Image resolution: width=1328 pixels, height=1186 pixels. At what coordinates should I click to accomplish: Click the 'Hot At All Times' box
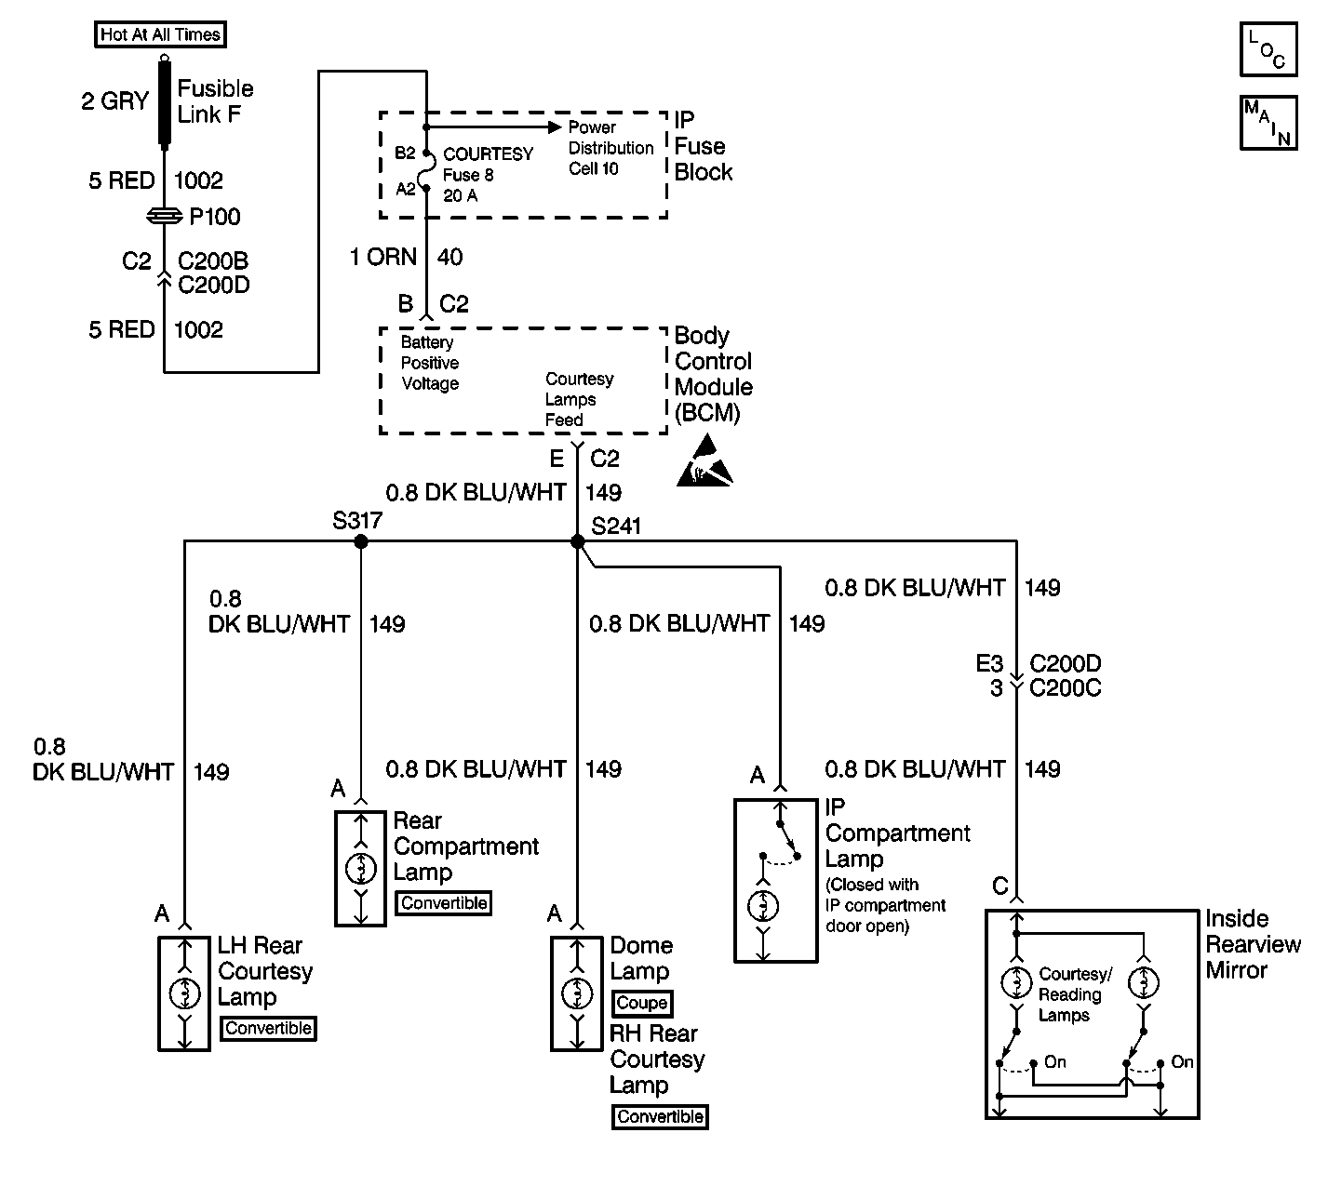(160, 35)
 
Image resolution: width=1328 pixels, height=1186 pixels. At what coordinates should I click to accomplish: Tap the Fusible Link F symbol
(165, 102)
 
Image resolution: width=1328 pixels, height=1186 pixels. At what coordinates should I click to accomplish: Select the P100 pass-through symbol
(165, 217)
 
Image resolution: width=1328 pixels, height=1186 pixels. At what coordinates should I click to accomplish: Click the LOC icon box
(1268, 49)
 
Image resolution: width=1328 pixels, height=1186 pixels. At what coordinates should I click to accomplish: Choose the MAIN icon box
(1268, 122)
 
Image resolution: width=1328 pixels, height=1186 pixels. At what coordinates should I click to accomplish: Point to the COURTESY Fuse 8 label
(488, 175)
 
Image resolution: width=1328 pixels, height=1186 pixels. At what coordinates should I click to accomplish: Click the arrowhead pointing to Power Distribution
(555, 127)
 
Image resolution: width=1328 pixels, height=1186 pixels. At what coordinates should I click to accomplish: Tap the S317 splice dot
(360, 541)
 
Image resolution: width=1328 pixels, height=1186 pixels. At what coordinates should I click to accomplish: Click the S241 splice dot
(577, 541)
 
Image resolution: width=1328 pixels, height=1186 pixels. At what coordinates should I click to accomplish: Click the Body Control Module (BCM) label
(713, 375)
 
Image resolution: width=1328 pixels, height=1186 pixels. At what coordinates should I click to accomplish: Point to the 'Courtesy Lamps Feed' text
(579, 400)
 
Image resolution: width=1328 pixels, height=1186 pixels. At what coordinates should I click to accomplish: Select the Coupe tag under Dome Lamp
(641, 1004)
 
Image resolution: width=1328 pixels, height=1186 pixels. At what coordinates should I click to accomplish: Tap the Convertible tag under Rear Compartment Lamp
(444, 903)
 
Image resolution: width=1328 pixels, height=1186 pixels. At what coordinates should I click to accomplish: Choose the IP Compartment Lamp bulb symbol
(763, 905)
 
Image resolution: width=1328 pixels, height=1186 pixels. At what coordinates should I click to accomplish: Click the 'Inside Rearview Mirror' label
(1253, 944)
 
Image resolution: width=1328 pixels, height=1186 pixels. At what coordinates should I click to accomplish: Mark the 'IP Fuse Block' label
(703, 147)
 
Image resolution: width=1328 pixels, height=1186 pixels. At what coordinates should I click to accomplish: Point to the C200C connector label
(1065, 688)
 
